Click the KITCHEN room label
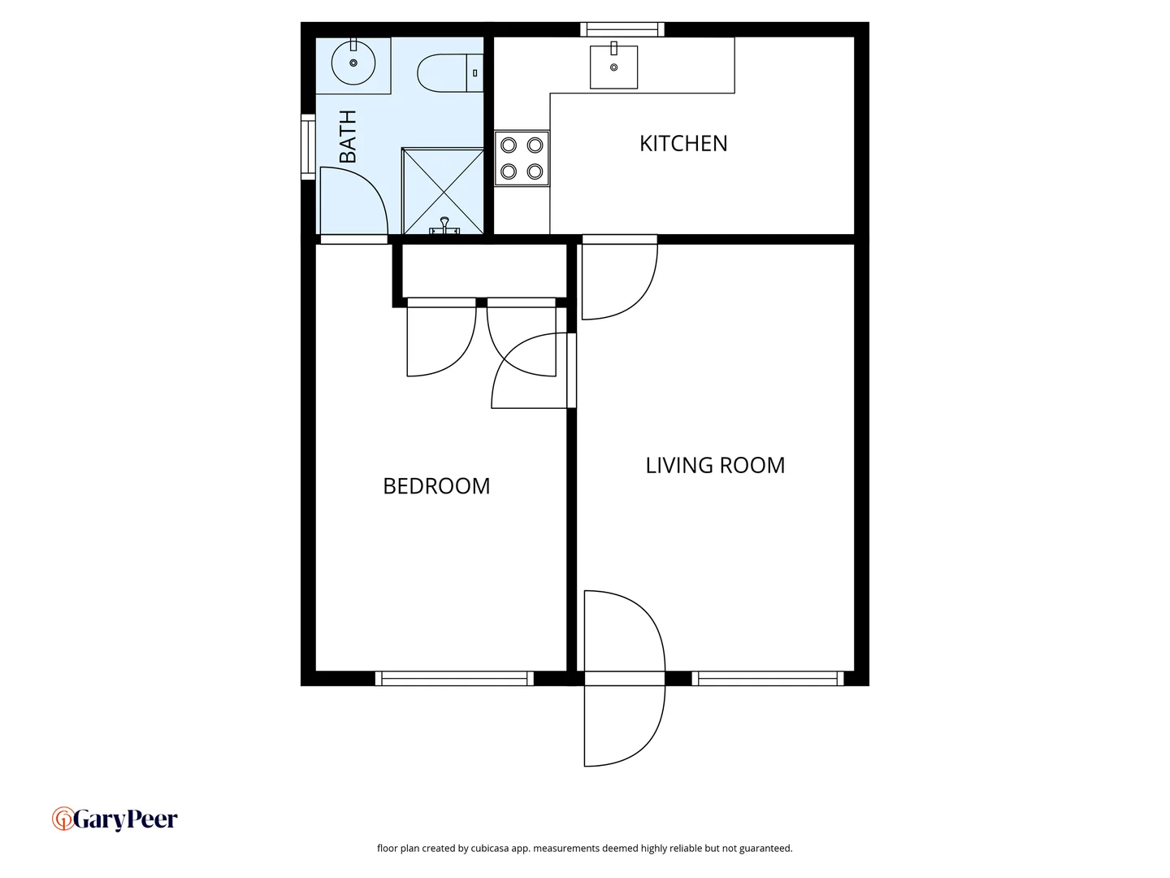click(x=683, y=144)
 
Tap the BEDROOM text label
click(x=436, y=486)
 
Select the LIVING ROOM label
click(x=715, y=466)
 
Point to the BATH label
click(x=348, y=137)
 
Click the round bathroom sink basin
click(x=353, y=63)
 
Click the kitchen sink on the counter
click(x=613, y=67)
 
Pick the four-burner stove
click(x=522, y=158)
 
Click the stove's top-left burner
click(x=509, y=146)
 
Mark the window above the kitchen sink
click(x=622, y=30)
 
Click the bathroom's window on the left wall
click(x=308, y=147)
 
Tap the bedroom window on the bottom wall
click(x=454, y=678)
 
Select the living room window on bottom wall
click(x=767, y=678)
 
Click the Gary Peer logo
click(x=115, y=819)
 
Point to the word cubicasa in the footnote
click(x=490, y=849)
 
